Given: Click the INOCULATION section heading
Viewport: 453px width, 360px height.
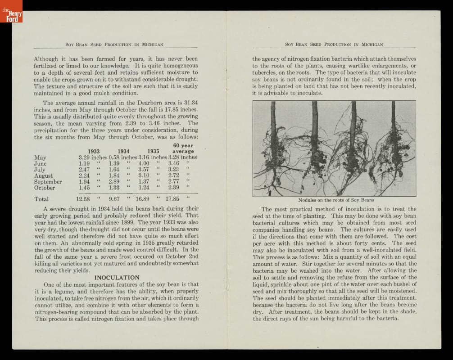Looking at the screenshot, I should click(117, 278).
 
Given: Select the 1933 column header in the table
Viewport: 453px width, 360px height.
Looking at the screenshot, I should click(94, 151).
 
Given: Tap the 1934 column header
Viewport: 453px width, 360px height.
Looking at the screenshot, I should click(123, 151).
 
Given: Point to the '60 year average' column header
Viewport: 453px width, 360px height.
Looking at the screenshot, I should click(183, 148).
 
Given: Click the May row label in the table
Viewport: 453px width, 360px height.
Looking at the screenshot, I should click(40, 157).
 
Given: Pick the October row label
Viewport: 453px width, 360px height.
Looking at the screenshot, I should click(45, 188).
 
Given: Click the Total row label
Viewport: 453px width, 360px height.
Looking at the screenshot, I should click(41, 199).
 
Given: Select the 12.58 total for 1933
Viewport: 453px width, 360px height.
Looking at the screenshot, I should click(83, 199).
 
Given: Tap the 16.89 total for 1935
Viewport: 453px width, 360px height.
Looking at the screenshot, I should click(142, 199).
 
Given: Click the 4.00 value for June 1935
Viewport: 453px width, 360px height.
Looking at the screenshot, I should click(144, 163).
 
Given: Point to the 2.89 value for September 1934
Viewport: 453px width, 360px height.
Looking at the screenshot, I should click(114, 182).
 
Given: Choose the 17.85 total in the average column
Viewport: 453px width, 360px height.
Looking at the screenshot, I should click(172, 199).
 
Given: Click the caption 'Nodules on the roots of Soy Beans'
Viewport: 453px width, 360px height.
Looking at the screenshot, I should click(336, 200).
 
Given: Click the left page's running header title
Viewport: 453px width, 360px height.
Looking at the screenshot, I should click(114, 45).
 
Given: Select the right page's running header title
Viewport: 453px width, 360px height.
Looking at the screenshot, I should click(334, 45).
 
